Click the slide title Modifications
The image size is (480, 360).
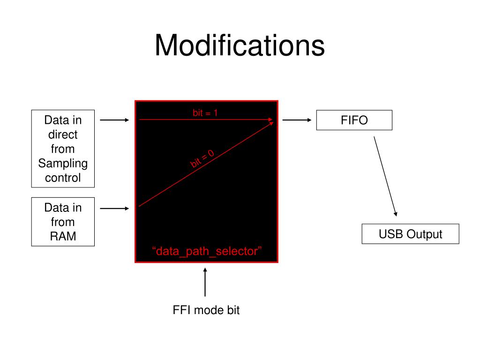[x=240, y=46]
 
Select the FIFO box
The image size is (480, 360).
[x=354, y=120]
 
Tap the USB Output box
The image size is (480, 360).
[x=410, y=234]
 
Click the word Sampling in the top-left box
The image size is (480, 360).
[x=63, y=164]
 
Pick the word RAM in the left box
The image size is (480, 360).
[x=63, y=236]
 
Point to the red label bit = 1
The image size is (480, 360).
[x=205, y=112]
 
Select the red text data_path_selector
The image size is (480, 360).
[x=206, y=251]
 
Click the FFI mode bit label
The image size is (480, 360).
[x=206, y=310]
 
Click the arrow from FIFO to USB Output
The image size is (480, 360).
[x=385, y=176]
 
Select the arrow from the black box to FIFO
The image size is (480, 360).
[x=297, y=120]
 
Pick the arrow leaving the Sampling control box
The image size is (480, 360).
[x=115, y=120]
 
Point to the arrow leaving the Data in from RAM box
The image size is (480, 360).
[x=115, y=208]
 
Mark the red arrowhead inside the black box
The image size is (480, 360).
[x=270, y=120]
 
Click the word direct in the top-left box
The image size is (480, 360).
[x=63, y=135]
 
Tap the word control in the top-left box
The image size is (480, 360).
[x=63, y=178]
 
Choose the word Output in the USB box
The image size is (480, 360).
[x=424, y=234]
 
